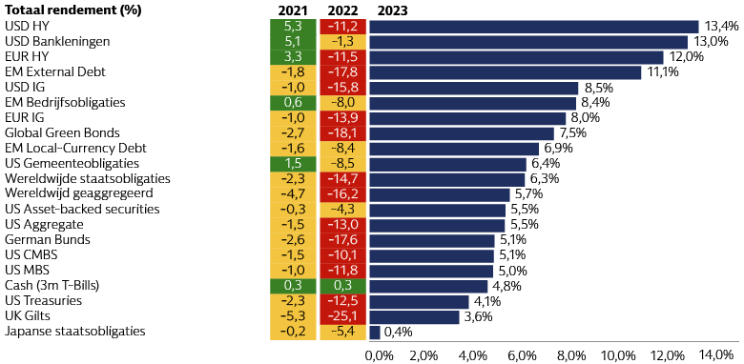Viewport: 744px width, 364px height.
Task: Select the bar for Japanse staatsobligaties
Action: pyautogui.click(x=374, y=332)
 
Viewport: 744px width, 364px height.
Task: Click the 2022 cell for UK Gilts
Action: pyautogui.click(x=341, y=316)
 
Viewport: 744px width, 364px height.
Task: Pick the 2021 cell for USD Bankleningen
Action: pyautogui.click(x=293, y=41)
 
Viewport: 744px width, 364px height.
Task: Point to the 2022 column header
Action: pyautogui.click(x=341, y=10)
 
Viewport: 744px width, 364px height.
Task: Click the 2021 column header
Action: pyautogui.click(x=293, y=10)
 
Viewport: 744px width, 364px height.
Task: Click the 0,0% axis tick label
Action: pyautogui.click(x=379, y=355)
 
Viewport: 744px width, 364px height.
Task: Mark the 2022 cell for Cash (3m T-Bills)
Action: pyautogui.click(x=341, y=286)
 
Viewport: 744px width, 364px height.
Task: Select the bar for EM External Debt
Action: pyautogui.click(x=505, y=71)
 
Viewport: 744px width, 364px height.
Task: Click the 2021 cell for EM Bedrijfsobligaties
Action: pyautogui.click(x=293, y=102)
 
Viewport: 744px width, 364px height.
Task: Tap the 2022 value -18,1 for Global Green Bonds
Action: pyautogui.click(x=341, y=132)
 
